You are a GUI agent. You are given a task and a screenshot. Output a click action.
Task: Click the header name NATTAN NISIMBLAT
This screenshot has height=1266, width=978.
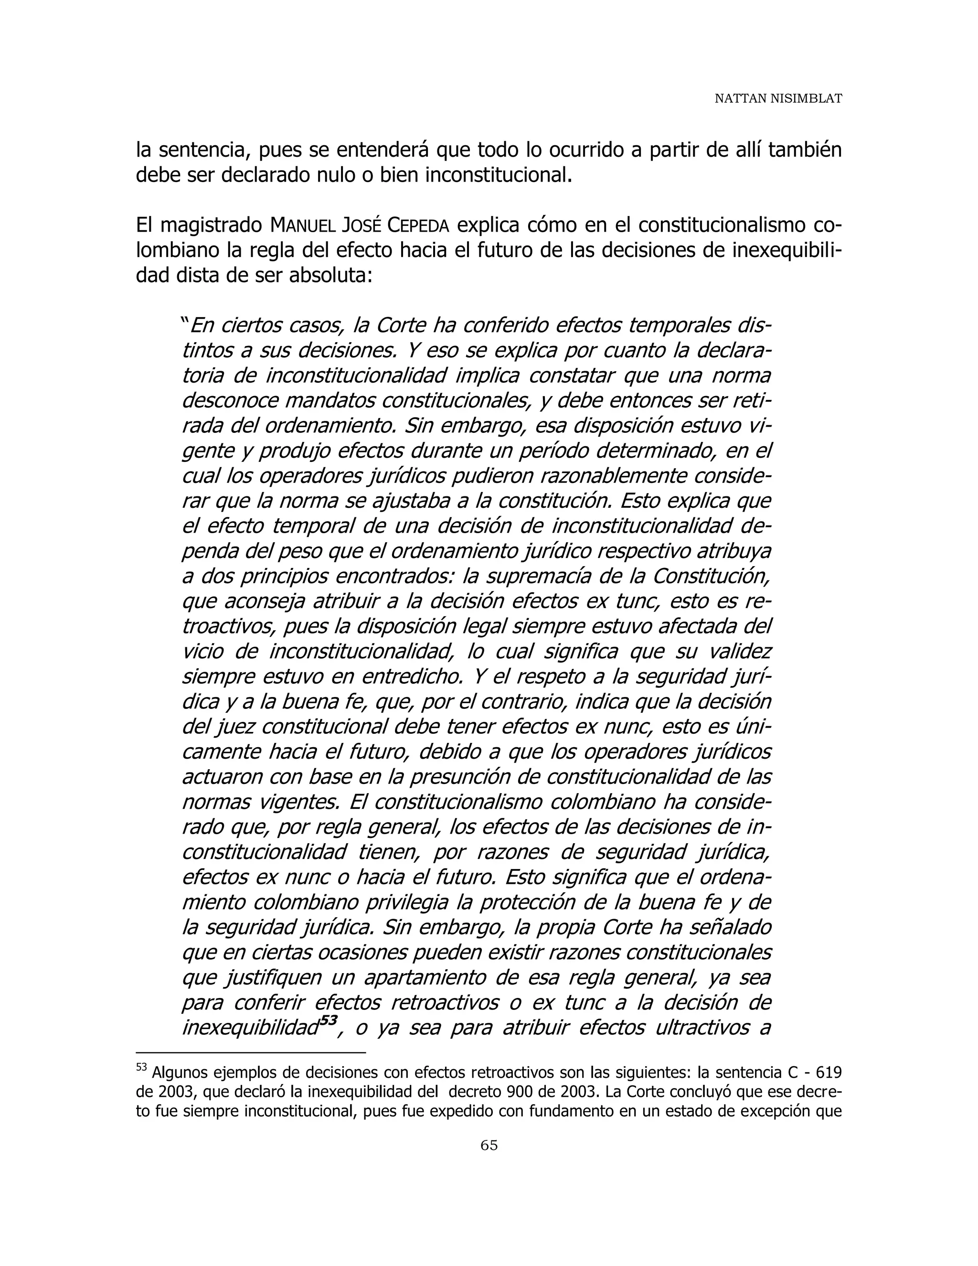(777, 99)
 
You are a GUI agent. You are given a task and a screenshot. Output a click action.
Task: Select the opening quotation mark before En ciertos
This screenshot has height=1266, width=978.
(185, 322)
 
